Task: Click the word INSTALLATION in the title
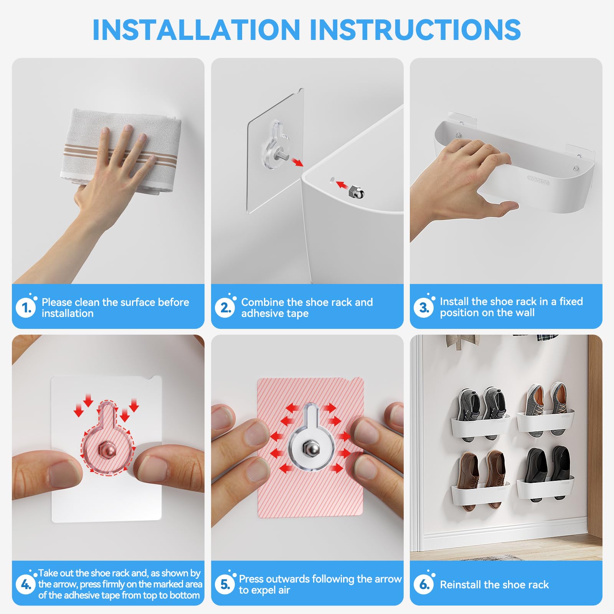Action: [196, 30]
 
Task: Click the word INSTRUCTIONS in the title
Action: [415, 30]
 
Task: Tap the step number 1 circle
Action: [26, 308]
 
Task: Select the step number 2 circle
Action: [225, 308]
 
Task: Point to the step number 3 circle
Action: [424, 307]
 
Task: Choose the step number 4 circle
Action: [26, 584]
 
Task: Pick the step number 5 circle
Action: [225, 584]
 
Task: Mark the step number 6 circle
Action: [424, 584]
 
